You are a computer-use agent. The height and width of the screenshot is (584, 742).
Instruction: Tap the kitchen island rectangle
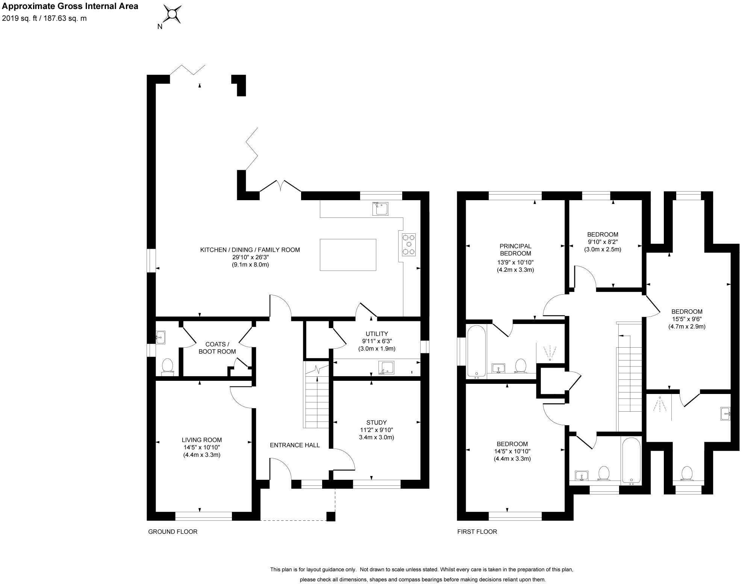click(x=348, y=255)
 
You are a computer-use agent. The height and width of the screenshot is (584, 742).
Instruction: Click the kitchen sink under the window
click(x=380, y=208)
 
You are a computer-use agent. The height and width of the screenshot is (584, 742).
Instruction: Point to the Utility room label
click(x=376, y=334)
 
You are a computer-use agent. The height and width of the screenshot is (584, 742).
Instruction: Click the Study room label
click(x=376, y=423)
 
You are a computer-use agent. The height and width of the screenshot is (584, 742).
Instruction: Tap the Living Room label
click(x=202, y=440)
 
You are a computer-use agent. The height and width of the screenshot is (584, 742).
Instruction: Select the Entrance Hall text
click(x=295, y=445)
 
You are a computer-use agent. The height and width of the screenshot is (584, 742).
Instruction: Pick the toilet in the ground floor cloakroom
click(x=167, y=367)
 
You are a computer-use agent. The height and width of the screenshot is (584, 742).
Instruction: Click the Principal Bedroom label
click(x=515, y=250)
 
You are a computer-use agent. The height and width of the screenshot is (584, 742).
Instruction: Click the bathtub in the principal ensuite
click(x=476, y=351)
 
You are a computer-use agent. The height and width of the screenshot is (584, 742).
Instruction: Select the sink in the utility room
click(x=386, y=368)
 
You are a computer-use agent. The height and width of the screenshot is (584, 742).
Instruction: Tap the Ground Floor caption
click(x=173, y=532)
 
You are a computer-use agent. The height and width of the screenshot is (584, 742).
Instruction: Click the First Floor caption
click(x=477, y=532)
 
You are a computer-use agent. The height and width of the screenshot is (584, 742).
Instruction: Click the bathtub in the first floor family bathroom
click(x=631, y=460)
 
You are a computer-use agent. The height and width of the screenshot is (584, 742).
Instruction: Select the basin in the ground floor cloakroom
click(x=161, y=338)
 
